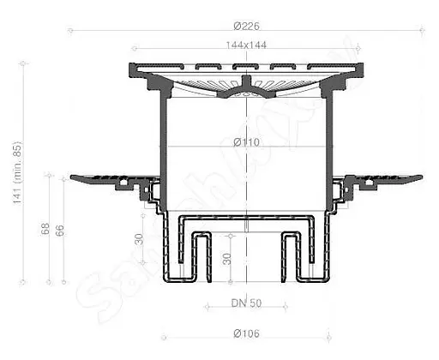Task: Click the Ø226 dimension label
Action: pos(245,27)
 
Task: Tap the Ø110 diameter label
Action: pos(246,141)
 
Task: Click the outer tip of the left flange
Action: pos(70,178)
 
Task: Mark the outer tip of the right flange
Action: pos(421,178)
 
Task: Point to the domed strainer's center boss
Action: pos(246,85)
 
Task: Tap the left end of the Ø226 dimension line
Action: pos(69,32)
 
